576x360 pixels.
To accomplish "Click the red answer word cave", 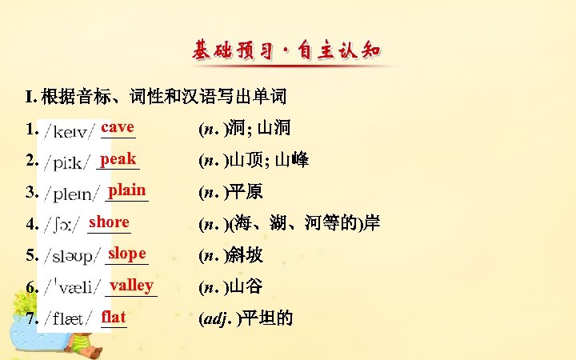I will tap(118, 127).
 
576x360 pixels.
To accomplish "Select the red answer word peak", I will tap(118, 158).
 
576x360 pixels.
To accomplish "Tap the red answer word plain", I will tap(127, 190).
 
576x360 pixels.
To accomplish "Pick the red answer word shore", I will tap(109, 222).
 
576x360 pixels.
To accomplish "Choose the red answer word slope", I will tap(126, 253).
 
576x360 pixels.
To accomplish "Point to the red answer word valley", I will tap(131, 285).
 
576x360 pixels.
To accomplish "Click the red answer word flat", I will tap(114, 317).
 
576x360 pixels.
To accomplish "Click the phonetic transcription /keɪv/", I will tap(70, 130).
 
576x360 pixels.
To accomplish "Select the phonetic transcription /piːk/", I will tap(67, 161).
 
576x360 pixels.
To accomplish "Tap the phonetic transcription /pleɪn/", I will tap(72, 193).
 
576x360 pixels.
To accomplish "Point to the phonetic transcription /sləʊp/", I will tap(73, 256).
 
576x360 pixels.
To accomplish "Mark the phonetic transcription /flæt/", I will tap(69, 319).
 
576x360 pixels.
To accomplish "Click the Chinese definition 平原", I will tap(246, 193).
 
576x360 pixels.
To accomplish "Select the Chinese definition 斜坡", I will tap(246, 256).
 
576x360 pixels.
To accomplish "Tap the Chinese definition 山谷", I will tap(246, 287).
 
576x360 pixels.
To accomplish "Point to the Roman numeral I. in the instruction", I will tap(30, 98).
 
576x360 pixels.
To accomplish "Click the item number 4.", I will tap(30, 224).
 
